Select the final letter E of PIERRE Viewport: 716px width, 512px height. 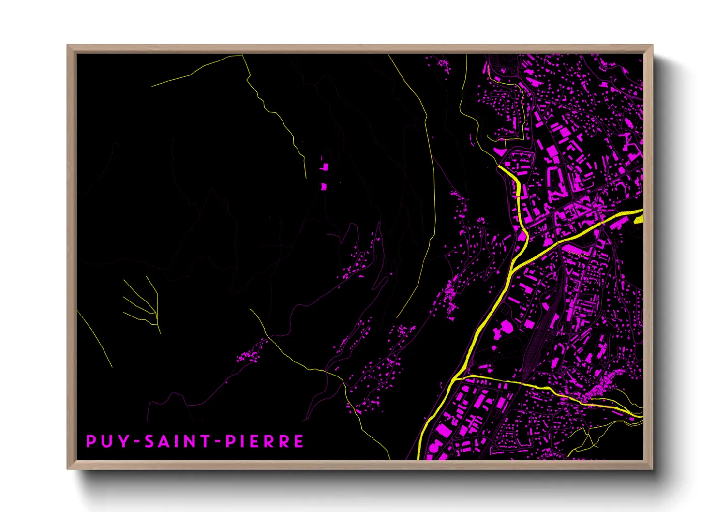[x=298, y=441]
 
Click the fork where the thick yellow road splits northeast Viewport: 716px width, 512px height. [x=513, y=268]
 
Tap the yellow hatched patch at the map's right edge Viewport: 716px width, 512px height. [x=638, y=219]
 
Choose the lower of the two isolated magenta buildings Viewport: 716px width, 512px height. [x=324, y=186]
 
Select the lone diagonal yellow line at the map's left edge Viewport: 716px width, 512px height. [x=94, y=339]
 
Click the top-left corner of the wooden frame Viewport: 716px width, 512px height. [x=68, y=45]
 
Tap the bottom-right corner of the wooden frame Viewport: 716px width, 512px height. [x=652, y=468]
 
